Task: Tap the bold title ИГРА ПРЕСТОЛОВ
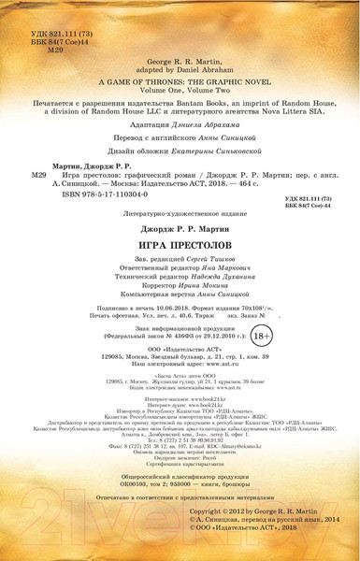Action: tap(179, 243)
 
